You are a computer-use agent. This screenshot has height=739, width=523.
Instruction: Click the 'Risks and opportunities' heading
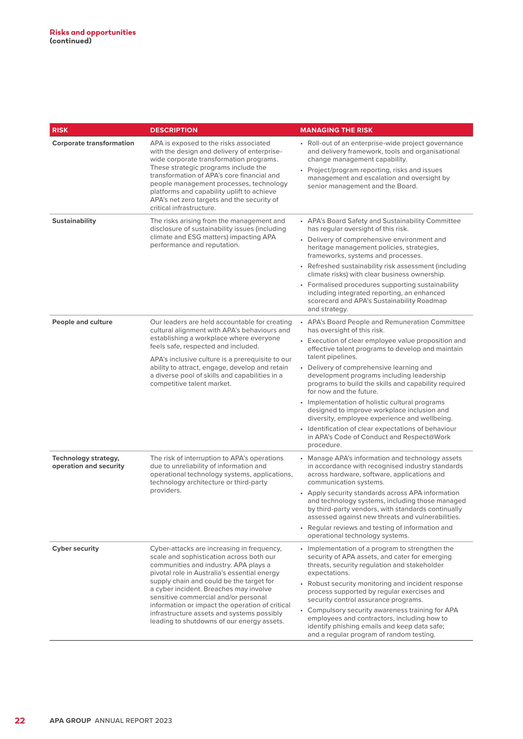[92, 32]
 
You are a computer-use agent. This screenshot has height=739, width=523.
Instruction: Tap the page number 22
[20, 720]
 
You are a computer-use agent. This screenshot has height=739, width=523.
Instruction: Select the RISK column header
[60, 130]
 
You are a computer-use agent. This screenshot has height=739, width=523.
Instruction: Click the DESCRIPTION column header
[174, 130]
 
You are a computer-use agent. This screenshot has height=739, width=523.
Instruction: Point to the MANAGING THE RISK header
[336, 130]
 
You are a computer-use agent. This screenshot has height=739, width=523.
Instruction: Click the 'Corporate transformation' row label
[93, 143]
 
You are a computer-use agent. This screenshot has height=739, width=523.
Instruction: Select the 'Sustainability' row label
[74, 221]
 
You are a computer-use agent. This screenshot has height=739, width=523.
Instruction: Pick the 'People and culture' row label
[82, 322]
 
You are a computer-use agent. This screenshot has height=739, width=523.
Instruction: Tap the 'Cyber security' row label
[75, 548]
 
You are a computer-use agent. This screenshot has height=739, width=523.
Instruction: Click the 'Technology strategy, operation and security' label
[88, 462]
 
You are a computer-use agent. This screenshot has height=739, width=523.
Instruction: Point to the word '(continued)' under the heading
[71, 41]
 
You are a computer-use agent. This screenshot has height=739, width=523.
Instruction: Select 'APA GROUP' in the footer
[70, 721]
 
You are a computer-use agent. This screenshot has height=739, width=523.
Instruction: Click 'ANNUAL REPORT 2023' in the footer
[133, 721]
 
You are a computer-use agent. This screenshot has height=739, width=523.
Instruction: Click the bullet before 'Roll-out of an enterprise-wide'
[301, 143]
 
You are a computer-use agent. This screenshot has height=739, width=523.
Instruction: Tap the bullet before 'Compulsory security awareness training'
[301, 610]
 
